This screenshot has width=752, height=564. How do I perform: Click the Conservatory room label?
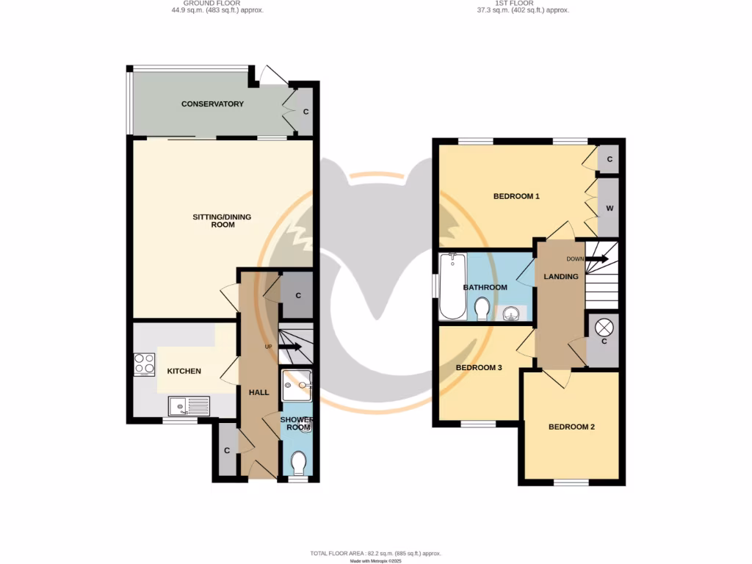(212, 104)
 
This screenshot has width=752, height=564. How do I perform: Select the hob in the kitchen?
(144, 364)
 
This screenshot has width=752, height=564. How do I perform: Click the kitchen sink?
(188, 406)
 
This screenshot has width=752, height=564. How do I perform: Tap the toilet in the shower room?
(298, 463)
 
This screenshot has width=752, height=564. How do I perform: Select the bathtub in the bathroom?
(451, 286)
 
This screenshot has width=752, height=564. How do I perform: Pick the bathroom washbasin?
(513, 314)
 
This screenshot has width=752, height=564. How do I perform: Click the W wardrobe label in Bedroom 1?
(609, 208)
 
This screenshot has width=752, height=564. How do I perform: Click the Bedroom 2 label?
(571, 427)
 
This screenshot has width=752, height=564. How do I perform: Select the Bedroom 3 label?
(478, 367)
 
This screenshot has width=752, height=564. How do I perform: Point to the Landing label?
(560, 276)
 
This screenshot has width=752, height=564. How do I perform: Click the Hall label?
(258, 392)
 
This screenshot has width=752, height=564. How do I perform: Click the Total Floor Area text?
(375, 553)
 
